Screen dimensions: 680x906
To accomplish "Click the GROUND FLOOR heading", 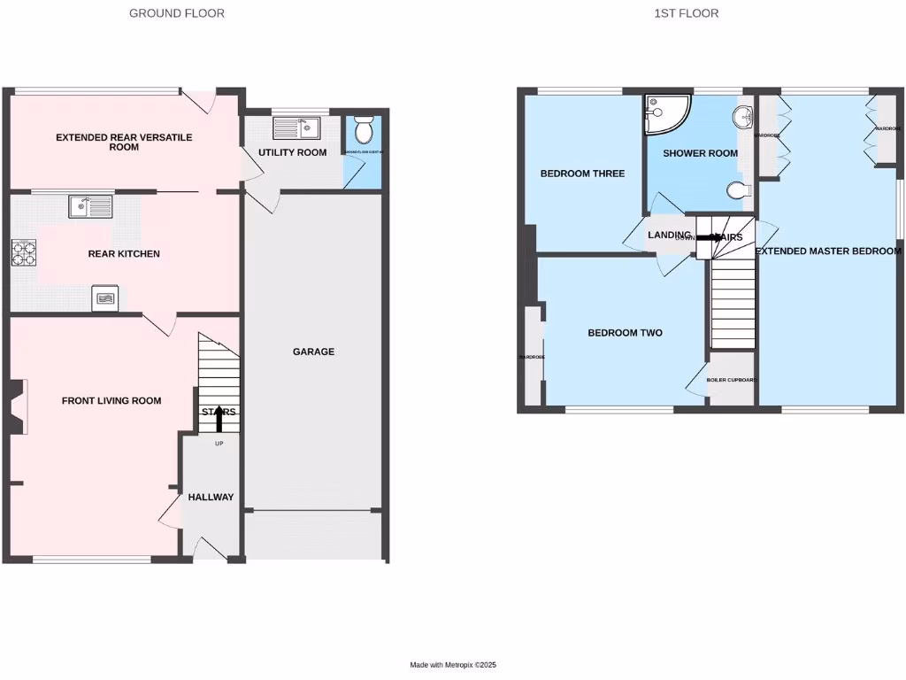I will click(x=177, y=13).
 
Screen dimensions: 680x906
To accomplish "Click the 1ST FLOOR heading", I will click(x=687, y=13).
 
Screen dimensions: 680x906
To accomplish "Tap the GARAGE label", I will click(x=313, y=352).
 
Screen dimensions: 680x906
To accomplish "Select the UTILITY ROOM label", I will click(x=292, y=152).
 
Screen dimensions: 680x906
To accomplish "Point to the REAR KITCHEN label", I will click(x=124, y=254).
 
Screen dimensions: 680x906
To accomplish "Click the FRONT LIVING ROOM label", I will click(x=111, y=401).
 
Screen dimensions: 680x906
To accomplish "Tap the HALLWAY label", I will click(x=211, y=498).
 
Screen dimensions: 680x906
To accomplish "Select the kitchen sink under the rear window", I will click(x=90, y=206).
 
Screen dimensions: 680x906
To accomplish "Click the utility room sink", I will click(x=296, y=128).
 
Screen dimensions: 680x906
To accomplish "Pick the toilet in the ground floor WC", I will click(x=363, y=132).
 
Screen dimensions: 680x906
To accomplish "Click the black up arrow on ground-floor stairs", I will click(x=219, y=417).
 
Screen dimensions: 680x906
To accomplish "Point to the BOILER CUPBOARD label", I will click(x=732, y=380).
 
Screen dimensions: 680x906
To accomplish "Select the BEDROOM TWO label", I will click(x=626, y=333).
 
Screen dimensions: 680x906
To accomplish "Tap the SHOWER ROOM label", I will click(x=700, y=153).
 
